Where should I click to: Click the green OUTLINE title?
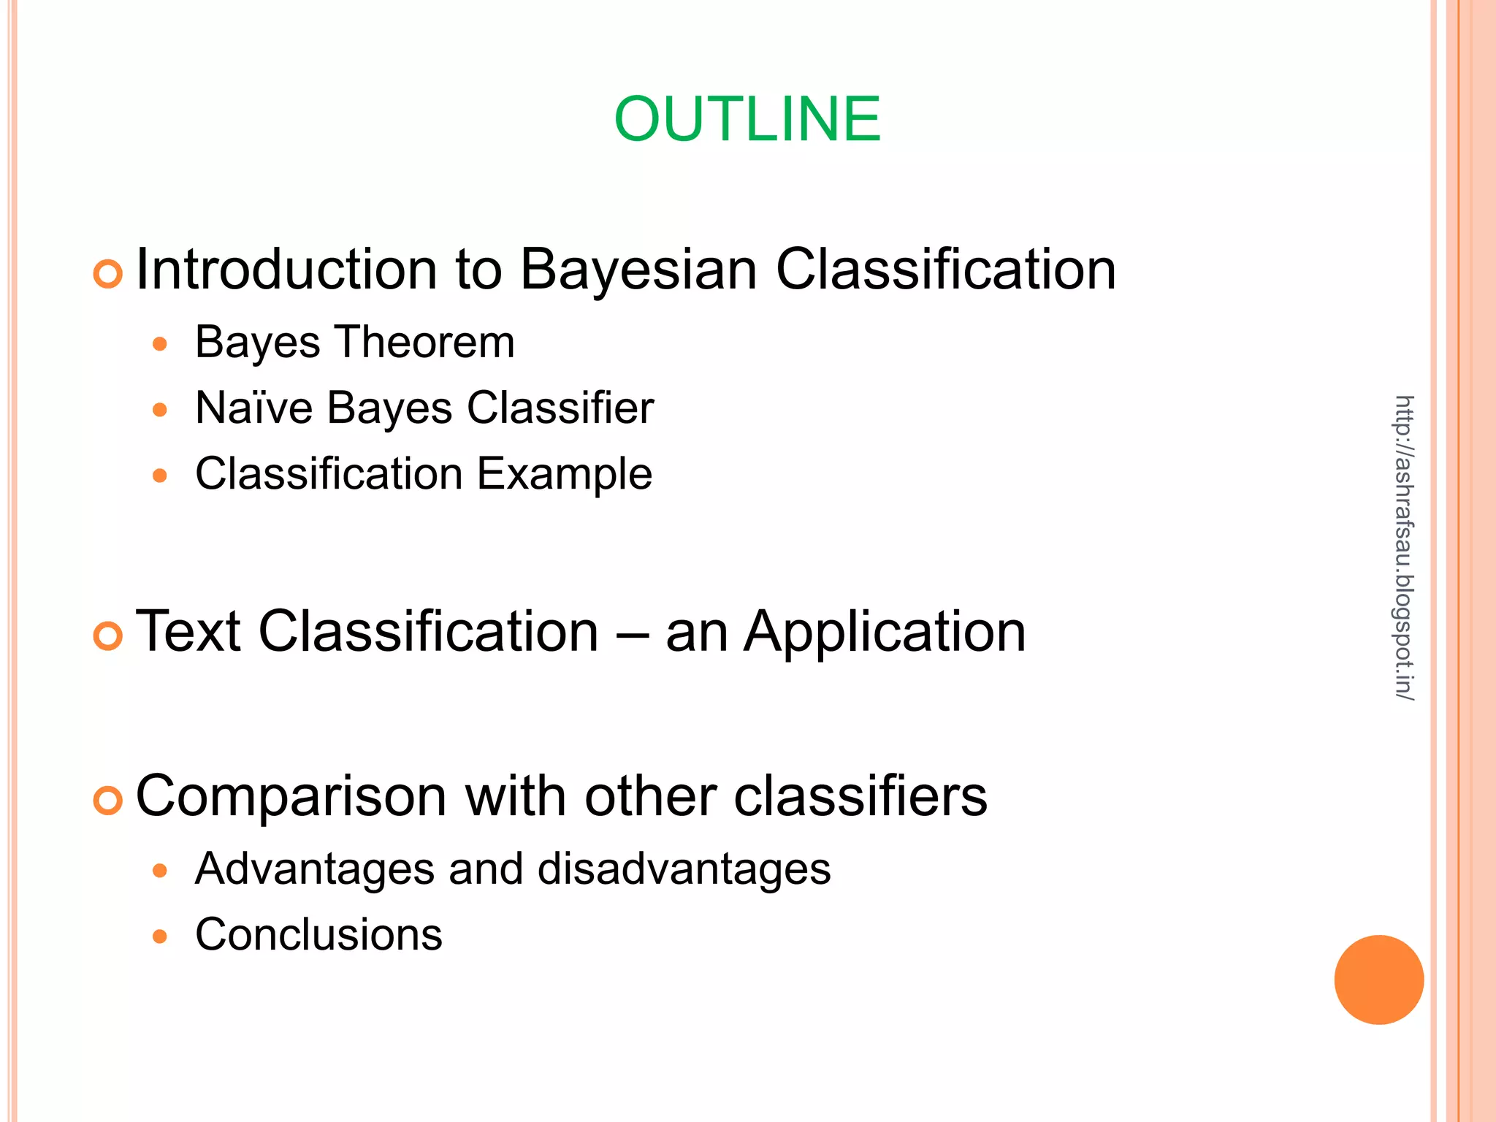pyautogui.click(x=747, y=119)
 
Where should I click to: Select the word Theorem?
pyautogui.click(x=425, y=342)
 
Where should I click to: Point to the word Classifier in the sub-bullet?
pyautogui.click(x=560, y=408)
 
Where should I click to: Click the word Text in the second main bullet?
pyautogui.click(x=188, y=631)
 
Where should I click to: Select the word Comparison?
pyautogui.click(x=291, y=796)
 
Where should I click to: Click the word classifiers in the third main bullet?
pyautogui.click(x=860, y=796)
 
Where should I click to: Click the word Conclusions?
pyautogui.click(x=318, y=934)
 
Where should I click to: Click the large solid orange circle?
pyautogui.click(x=1378, y=980)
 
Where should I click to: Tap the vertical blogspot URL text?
pyautogui.click(x=1404, y=548)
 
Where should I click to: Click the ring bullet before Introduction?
pyautogui.click(x=108, y=275)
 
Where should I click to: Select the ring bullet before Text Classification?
pyautogui.click(x=108, y=636)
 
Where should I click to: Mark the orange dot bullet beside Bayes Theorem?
pyautogui.click(x=160, y=343)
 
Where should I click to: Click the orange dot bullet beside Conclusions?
pyautogui.click(x=160, y=936)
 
